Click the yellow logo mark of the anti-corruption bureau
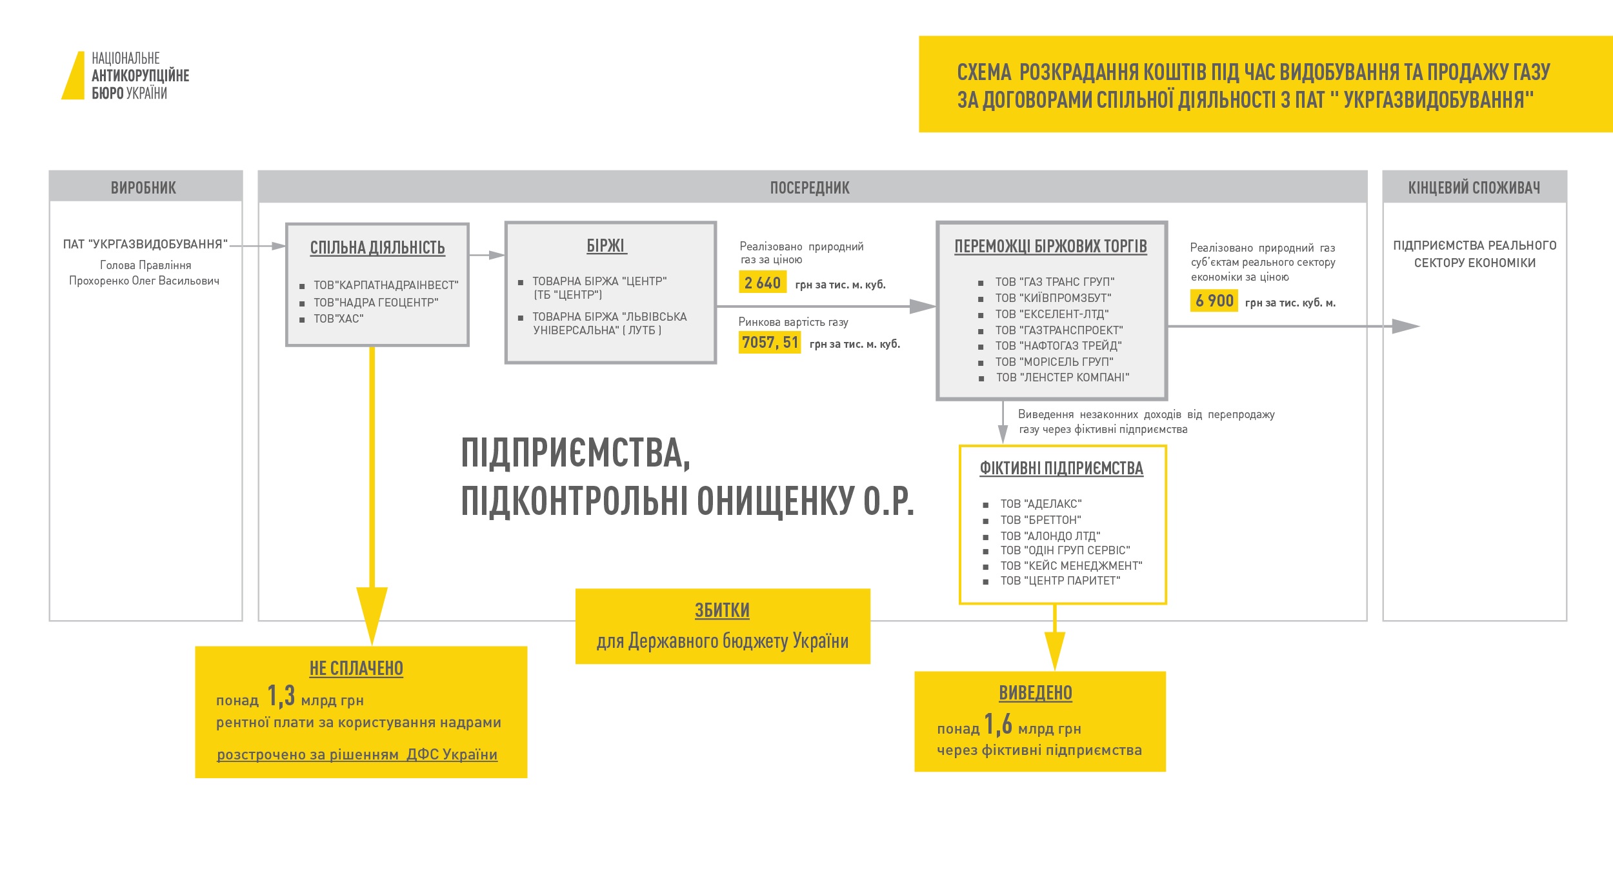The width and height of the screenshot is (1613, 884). tap(74, 76)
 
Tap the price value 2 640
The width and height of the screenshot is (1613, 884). tap(762, 283)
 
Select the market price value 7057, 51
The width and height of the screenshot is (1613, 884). tap(770, 342)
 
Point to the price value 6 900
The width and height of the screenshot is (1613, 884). tap(1214, 301)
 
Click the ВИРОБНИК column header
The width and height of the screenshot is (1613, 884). tap(143, 188)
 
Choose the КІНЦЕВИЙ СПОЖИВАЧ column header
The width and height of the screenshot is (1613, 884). tap(1474, 188)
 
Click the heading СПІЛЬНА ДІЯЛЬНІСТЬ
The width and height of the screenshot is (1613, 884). tap(377, 248)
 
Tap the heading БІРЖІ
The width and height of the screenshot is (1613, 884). tap(606, 246)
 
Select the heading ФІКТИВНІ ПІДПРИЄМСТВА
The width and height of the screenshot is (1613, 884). tap(1061, 468)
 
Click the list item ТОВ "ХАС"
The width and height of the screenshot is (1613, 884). tap(338, 319)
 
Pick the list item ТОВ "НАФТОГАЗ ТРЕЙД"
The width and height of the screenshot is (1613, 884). tap(1058, 346)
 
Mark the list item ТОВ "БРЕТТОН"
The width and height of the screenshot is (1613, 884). tap(1040, 520)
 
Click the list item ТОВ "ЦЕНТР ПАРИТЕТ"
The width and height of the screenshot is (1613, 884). tap(1060, 581)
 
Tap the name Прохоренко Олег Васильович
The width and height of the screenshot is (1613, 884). tap(144, 281)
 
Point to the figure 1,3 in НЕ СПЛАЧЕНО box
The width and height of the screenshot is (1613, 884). tap(281, 696)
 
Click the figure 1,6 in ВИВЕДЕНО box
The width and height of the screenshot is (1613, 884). tap(998, 725)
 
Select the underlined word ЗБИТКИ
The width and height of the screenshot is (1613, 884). tap(722, 610)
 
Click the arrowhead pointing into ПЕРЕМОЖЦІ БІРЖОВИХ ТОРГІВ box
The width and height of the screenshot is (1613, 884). tap(923, 306)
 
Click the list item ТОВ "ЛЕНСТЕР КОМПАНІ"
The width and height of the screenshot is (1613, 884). tap(1062, 377)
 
